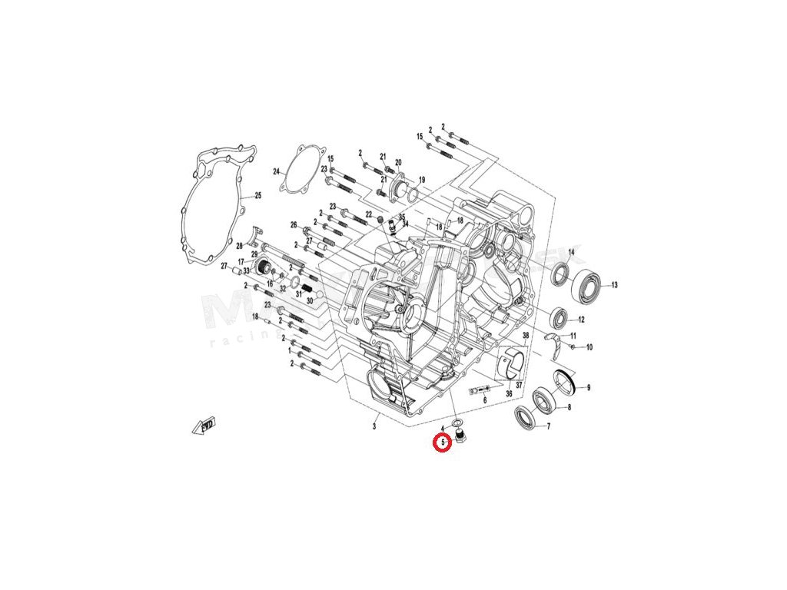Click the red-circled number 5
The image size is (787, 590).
point(443,443)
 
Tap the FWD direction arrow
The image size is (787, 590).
point(205,424)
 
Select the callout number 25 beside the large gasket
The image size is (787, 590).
point(258,196)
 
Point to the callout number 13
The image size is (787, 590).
point(614,285)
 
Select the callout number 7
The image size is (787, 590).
point(548,426)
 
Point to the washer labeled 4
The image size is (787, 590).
point(457,424)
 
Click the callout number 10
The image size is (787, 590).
point(589,347)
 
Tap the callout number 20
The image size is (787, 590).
point(398,162)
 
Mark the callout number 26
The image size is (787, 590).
point(293,225)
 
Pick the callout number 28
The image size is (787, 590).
point(240,246)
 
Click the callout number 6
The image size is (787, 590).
point(485,400)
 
